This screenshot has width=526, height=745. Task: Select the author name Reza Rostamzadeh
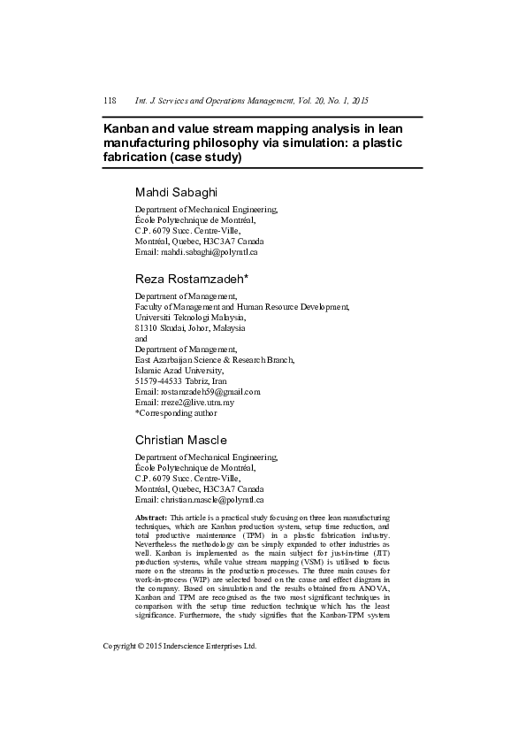(191, 278)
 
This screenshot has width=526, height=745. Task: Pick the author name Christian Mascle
(180, 440)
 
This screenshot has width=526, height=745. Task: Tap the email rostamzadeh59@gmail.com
(210, 391)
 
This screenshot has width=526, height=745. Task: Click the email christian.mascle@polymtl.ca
(211, 499)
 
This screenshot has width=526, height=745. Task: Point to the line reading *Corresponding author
(175, 412)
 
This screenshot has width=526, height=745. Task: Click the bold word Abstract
(151, 516)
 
